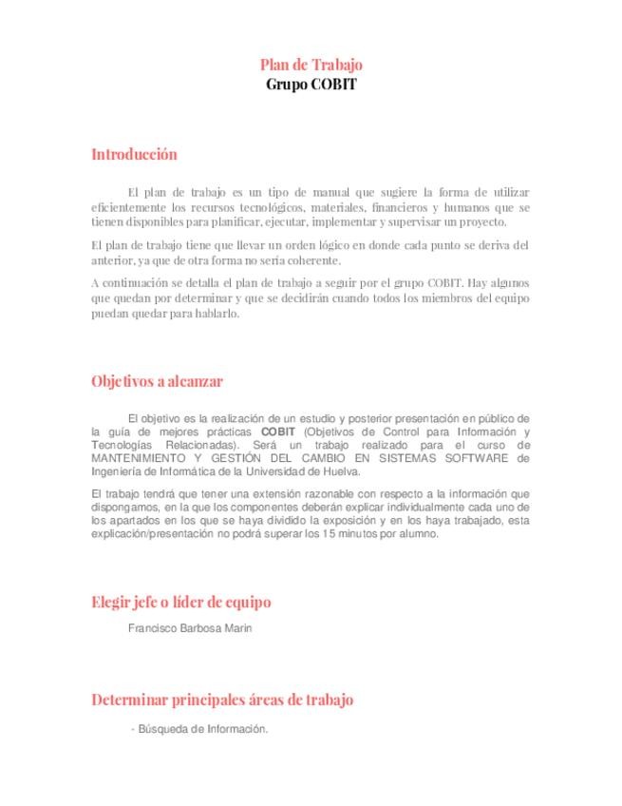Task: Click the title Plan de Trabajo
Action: (311, 65)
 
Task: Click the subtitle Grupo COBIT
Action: (311, 83)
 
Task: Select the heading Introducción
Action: (134, 154)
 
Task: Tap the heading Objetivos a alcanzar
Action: (157, 381)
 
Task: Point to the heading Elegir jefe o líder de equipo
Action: (180, 602)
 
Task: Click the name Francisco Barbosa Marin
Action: (190, 628)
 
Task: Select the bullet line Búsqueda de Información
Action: (201, 729)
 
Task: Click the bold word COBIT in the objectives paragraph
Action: (278, 431)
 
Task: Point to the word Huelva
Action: (341, 470)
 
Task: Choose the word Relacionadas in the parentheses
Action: (195, 444)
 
